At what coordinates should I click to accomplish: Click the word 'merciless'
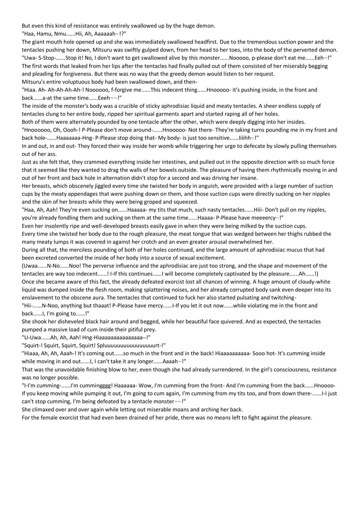pos(78,250)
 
